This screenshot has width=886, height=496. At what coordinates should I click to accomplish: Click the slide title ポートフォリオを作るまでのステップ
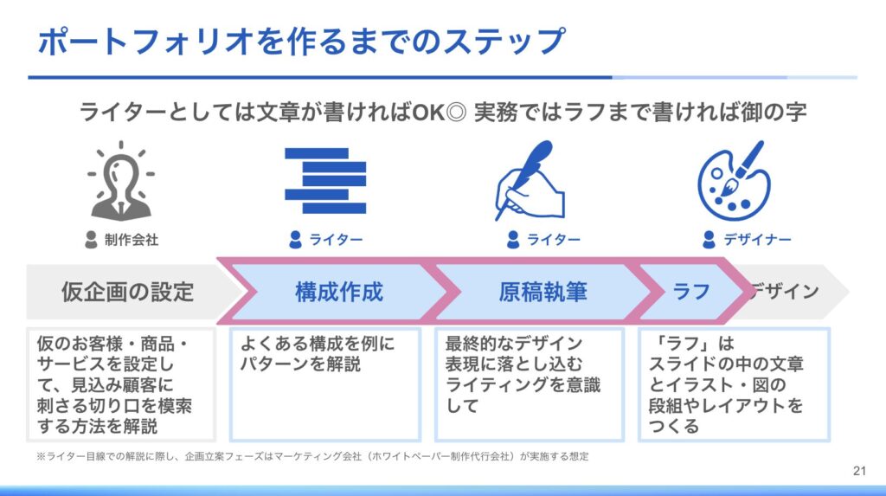point(301,42)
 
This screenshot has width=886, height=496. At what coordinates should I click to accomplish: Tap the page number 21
point(859,471)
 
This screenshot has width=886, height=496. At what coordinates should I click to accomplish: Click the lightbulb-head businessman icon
point(121,181)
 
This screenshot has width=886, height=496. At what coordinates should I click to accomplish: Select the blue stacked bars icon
point(325,180)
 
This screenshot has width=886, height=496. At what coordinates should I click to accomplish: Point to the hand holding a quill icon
point(530,180)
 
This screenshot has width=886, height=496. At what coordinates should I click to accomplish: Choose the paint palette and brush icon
point(734,181)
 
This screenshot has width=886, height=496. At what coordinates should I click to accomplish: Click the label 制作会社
point(132,240)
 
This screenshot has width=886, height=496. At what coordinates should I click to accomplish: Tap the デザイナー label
point(757,240)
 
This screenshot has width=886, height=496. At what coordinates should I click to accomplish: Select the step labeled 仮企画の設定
point(128,292)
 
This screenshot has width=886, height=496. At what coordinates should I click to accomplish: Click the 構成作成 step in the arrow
point(339,292)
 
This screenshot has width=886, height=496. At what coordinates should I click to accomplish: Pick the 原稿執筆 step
point(543,292)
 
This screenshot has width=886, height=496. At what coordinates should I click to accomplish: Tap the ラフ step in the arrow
point(691,292)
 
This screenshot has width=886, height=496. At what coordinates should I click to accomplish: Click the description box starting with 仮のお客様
point(121,384)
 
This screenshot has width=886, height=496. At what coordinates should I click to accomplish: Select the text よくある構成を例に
point(318,344)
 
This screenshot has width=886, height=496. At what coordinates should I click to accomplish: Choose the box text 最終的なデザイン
point(513,344)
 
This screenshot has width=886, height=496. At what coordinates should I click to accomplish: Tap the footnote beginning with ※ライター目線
point(312,456)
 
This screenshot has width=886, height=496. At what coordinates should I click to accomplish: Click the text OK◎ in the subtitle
point(439,112)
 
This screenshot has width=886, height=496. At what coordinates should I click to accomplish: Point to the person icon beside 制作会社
point(91,240)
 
